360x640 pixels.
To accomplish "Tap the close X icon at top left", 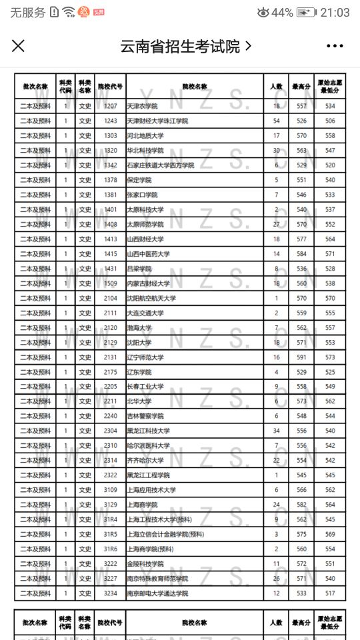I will click(18, 46).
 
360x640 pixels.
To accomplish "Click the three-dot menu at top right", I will click(335, 46).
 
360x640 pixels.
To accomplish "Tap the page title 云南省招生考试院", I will click(180, 46).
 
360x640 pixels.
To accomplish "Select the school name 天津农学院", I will click(142, 106).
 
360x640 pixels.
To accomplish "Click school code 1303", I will click(111, 136).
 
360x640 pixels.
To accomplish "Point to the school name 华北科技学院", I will click(145, 151).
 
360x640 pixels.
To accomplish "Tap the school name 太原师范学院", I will click(145, 225).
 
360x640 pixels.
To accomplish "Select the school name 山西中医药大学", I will click(148, 254).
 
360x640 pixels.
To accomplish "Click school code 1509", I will click(111, 283).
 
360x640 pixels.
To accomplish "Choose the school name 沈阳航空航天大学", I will click(151, 298).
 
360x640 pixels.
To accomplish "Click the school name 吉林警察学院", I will click(145, 416).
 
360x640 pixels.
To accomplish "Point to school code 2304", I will click(111, 431).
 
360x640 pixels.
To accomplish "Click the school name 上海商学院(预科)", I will click(150, 549).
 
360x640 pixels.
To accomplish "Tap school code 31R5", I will click(111, 534).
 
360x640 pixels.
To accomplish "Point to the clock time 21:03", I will click(335, 12).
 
